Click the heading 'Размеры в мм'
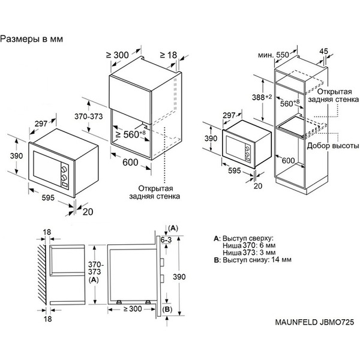click(32, 39)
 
